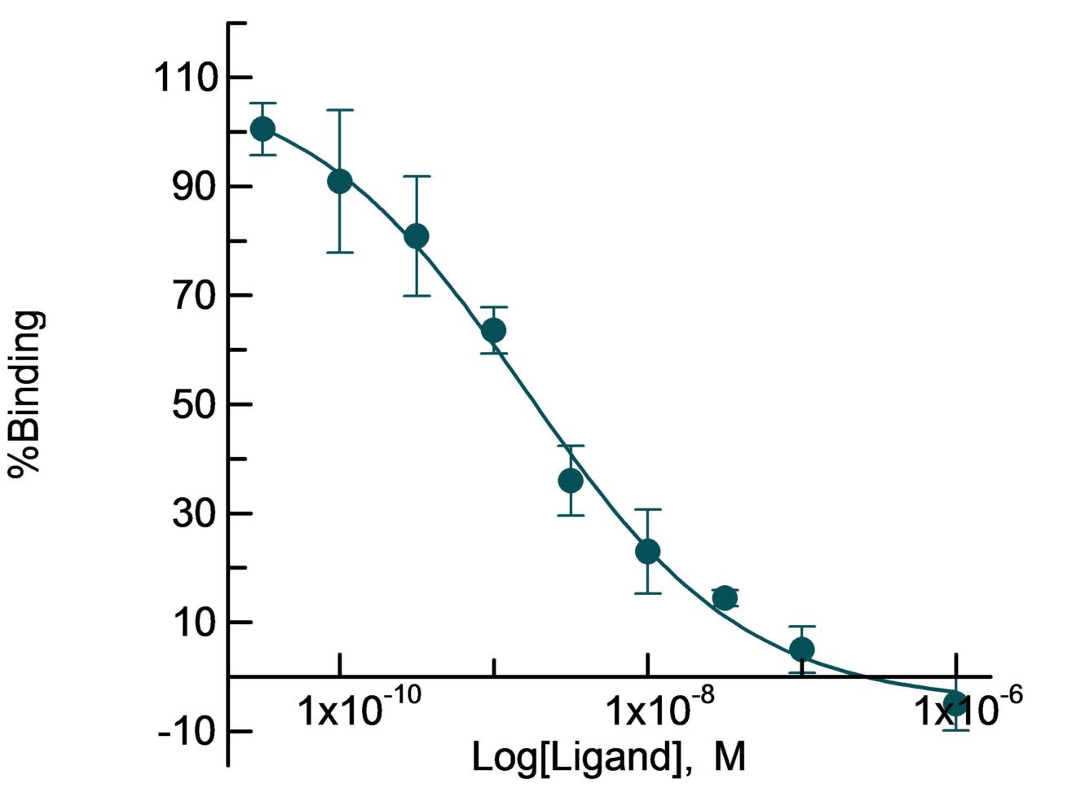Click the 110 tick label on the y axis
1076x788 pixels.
[185, 78]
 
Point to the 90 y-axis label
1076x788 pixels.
[196, 187]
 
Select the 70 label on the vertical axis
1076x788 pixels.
[196, 296]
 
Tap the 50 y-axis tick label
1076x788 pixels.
[196, 404]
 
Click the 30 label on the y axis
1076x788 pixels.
[196, 513]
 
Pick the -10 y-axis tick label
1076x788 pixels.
[185, 731]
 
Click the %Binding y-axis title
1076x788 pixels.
[26, 394]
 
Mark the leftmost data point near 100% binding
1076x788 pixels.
[262, 129]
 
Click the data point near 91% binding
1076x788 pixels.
[340, 182]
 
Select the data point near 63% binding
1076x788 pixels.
[493, 330]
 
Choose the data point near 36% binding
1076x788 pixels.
[571, 481]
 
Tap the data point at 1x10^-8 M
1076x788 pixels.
[647, 552]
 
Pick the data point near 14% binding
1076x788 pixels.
[725, 598]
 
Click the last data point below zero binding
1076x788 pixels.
[955, 704]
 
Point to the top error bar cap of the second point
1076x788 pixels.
[340, 110]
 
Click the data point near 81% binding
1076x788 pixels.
[417, 236]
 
